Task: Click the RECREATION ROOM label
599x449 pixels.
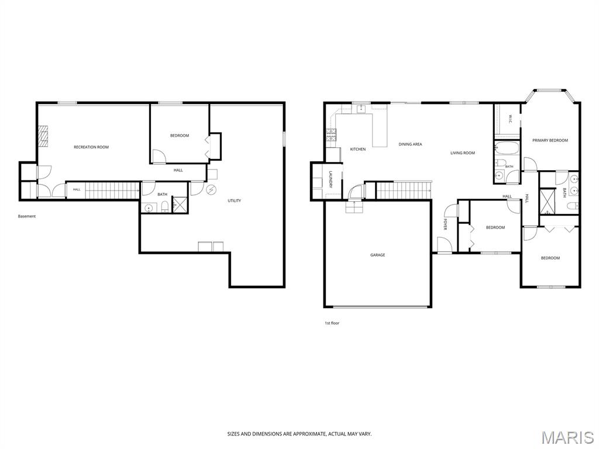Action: click(91, 147)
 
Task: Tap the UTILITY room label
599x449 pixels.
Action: click(234, 201)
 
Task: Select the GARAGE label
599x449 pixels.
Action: click(377, 255)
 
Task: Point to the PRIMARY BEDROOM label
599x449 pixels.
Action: click(550, 140)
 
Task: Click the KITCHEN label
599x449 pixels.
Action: click(358, 149)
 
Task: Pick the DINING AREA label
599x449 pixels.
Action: click(410, 144)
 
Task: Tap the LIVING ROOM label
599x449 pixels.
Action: click(463, 153)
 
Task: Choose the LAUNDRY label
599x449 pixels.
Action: click(331, 179)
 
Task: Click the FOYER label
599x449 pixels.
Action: click(445, 224)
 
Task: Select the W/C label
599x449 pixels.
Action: click(511, 119)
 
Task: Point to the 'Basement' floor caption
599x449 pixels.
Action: click(27, 216)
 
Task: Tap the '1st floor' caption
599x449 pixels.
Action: click(332, 323)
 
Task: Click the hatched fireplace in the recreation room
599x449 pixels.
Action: click(43, 136)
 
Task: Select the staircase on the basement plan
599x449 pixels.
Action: click(112, 190)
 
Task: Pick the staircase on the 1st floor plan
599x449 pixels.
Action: click(404, 190)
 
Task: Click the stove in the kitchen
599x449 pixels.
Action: click(331, 135)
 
